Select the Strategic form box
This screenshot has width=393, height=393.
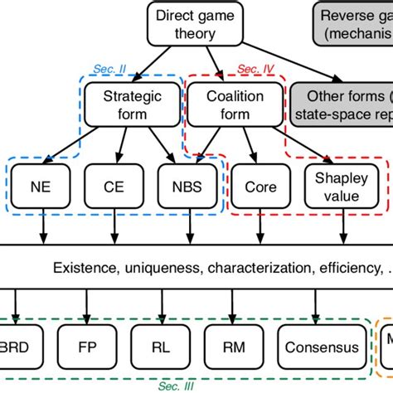click(x=121, y=104)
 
